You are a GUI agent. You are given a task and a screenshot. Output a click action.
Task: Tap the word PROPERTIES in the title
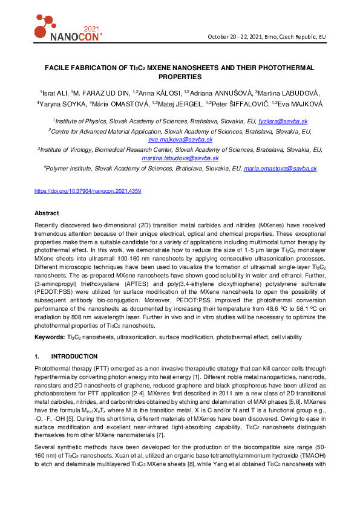coord(180,77)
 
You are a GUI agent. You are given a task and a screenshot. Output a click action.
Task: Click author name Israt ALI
coord(54,92)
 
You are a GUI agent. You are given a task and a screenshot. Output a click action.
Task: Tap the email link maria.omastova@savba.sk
coord(280,169)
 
